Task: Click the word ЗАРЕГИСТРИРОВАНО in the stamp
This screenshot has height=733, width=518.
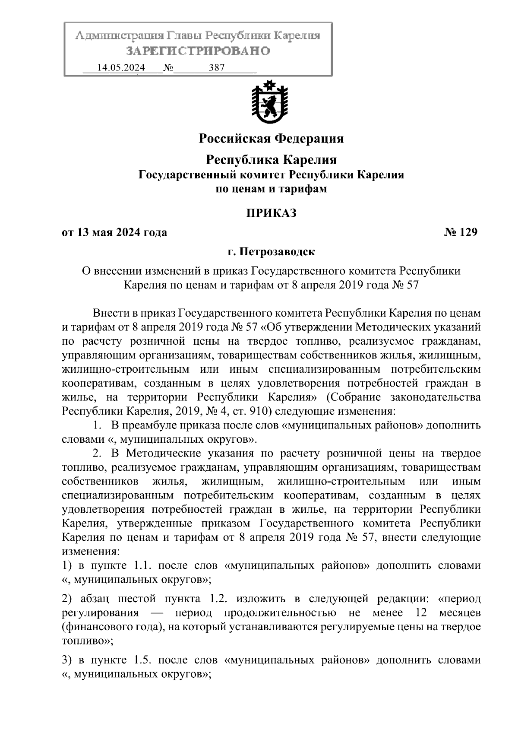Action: (x=198, y=51)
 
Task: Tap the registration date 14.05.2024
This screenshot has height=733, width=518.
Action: (x=121, y=68)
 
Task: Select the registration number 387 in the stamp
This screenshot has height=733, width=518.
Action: (x=217, y=68)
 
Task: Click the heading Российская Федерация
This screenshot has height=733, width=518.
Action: (x=271, y=139)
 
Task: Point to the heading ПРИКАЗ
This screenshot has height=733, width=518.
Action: (x=271, y=213)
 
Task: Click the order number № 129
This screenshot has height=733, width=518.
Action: (x=461, y=232)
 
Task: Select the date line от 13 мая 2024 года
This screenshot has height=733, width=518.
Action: (x=114, y=232)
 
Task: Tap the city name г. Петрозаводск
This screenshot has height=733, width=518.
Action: (x=271, y=251)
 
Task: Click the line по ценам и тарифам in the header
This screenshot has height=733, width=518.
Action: (x=271, y=189)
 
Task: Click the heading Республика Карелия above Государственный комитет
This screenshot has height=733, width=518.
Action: (x=271, y=160)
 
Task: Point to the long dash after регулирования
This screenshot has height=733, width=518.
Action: (x=157, y=613)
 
